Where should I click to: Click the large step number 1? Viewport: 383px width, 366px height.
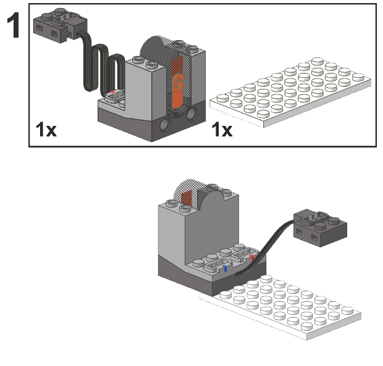pos(14,25)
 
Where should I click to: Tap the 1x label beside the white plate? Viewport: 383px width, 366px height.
pos(222,130)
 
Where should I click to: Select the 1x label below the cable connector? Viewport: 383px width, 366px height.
pos(46,130)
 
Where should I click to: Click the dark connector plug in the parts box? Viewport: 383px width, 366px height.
pos(60,25)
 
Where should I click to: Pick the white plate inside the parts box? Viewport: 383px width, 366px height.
pos(291,92)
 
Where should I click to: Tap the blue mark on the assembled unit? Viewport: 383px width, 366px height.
pos(225,268)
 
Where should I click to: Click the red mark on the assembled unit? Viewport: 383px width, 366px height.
pos(252,257)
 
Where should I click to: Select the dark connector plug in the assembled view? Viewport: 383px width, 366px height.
pos(320,227)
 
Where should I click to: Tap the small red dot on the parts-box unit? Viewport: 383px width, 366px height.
pos(112,92)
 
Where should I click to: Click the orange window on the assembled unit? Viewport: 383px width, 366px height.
pos(187,198)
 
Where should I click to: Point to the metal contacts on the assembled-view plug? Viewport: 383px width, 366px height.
pos(314,217)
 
